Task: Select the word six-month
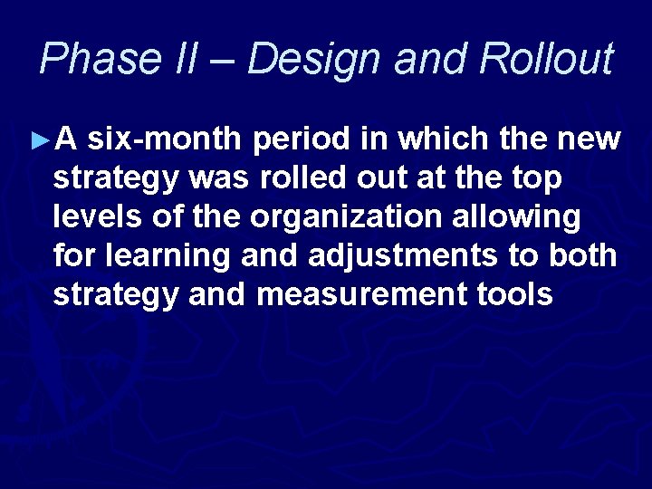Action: (x=168, y=140)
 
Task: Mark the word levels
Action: (x=95, y=218)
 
